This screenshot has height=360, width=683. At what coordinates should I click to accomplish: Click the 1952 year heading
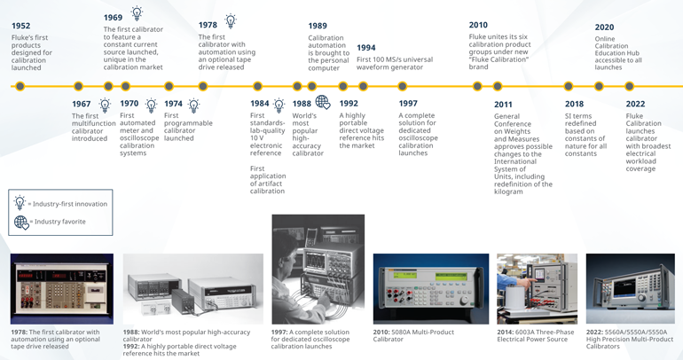(x=20, y=26)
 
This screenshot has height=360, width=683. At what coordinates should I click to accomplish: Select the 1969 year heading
(x=113, y=17)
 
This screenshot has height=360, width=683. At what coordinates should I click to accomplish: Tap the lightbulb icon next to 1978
(x=231, y=21)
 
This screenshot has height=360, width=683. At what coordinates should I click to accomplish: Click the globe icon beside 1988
(x=323, y=103)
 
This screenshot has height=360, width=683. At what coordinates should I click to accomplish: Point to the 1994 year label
(x=365, y=48)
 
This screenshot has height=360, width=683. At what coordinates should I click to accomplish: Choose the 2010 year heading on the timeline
(x=478, y=25)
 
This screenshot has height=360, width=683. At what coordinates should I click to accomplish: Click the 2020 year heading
(x=604, y=27)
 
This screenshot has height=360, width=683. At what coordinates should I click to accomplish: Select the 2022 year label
(x=635, y=104)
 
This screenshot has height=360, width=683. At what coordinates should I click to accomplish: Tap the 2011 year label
(x=503, y=105)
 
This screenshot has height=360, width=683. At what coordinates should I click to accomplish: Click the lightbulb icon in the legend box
(x=20, y=203)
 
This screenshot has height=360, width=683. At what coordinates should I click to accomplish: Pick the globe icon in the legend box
(x=20, y=223)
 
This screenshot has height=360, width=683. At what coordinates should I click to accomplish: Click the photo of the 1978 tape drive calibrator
(x=62, y=288)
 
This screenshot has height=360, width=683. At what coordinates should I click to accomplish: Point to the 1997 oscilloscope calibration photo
(x=318, y=269)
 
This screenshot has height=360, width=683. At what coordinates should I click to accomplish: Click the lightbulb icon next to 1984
(x=279, y=105)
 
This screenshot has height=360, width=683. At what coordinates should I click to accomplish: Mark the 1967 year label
(x=81, y=105)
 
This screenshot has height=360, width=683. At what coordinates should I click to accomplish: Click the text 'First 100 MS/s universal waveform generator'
(x=395, y=64)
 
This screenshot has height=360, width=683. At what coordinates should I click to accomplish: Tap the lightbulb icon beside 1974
(x=193, y=105)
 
